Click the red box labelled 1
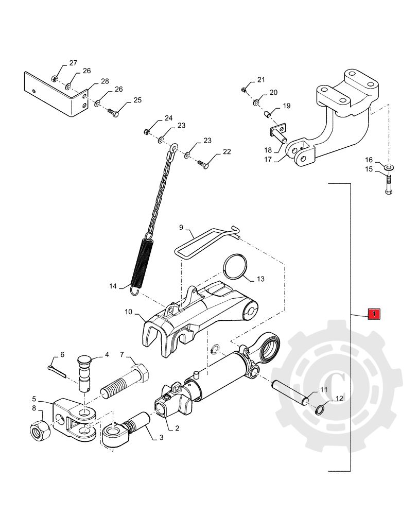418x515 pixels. click(375, 313)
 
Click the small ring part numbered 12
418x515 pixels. click(319, 409)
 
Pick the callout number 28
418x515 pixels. click(105, 82)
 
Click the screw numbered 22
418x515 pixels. click(203, 163)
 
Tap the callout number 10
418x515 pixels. click(129, 312)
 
